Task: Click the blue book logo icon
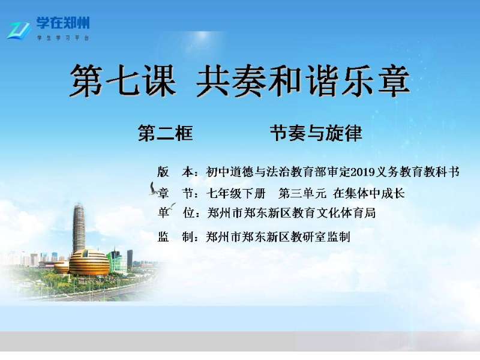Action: (x=19, y=31)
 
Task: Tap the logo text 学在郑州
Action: (x=63, y=23)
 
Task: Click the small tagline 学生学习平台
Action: (x=63, y=38)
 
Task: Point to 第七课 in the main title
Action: (x=123, y=81)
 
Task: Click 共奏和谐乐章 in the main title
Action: (x=303, y=81)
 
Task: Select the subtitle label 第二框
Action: (x=166, y=133)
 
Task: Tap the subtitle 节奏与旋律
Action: (x=316, y=133)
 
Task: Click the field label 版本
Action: (x=176, y=172)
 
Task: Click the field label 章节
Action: (x=176, y=193)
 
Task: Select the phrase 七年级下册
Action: (x=236, y=193)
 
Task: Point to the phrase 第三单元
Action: (x=302, y=193)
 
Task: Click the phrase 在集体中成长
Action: (x=369, y=193)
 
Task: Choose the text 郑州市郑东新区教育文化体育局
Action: (x=292, y=213)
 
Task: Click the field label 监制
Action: (x=176, y=236)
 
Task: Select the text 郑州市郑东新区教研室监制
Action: (x=278, y=236)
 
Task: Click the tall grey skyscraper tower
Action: (x=79, y=228)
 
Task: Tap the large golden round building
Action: (x=89, y=263)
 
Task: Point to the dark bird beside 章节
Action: (x=153, y=189)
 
